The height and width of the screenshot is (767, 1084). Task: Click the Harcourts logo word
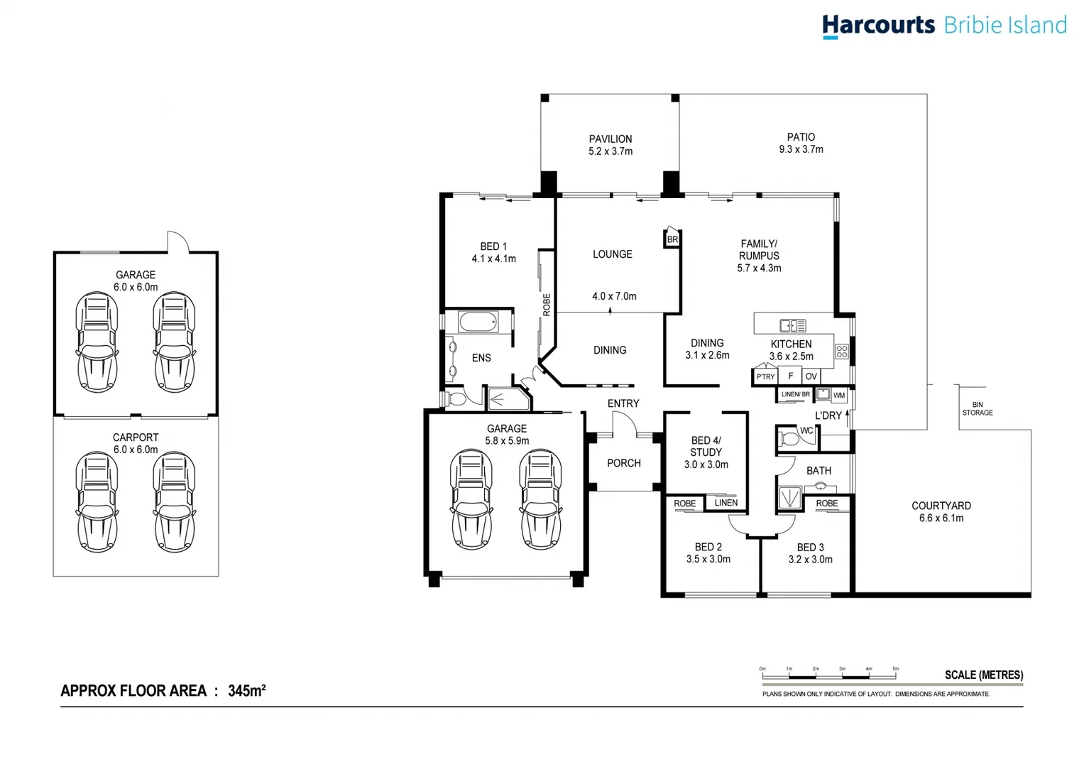coord(879,25)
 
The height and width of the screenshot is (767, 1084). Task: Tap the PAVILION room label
coord(611,139)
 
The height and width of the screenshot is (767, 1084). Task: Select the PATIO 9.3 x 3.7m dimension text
coord(801,150)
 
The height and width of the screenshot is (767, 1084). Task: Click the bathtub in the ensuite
coord(478,322)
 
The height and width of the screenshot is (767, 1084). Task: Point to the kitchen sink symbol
coord(793,325)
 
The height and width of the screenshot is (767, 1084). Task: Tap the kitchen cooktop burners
coord(841,352)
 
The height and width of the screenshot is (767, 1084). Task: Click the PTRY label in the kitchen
coord(765,376)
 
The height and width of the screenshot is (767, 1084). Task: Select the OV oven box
coord(811,376)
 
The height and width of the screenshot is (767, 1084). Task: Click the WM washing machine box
coord(839,396)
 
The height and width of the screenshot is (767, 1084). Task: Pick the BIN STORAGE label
coord(978,408)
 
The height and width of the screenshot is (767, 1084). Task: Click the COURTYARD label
coord(941,506)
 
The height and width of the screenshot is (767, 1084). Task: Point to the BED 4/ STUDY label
coord(706,447)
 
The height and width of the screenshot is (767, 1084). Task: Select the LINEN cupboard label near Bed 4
coord(726,503)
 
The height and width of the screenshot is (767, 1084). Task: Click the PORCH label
coord(624,463)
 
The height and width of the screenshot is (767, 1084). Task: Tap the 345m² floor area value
coord(247,690)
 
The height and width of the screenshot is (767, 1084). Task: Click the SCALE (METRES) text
coord(984,675)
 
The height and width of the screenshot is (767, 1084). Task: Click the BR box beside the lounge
coord(672,239)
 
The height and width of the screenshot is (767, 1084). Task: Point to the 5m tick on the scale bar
coord(896,672)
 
